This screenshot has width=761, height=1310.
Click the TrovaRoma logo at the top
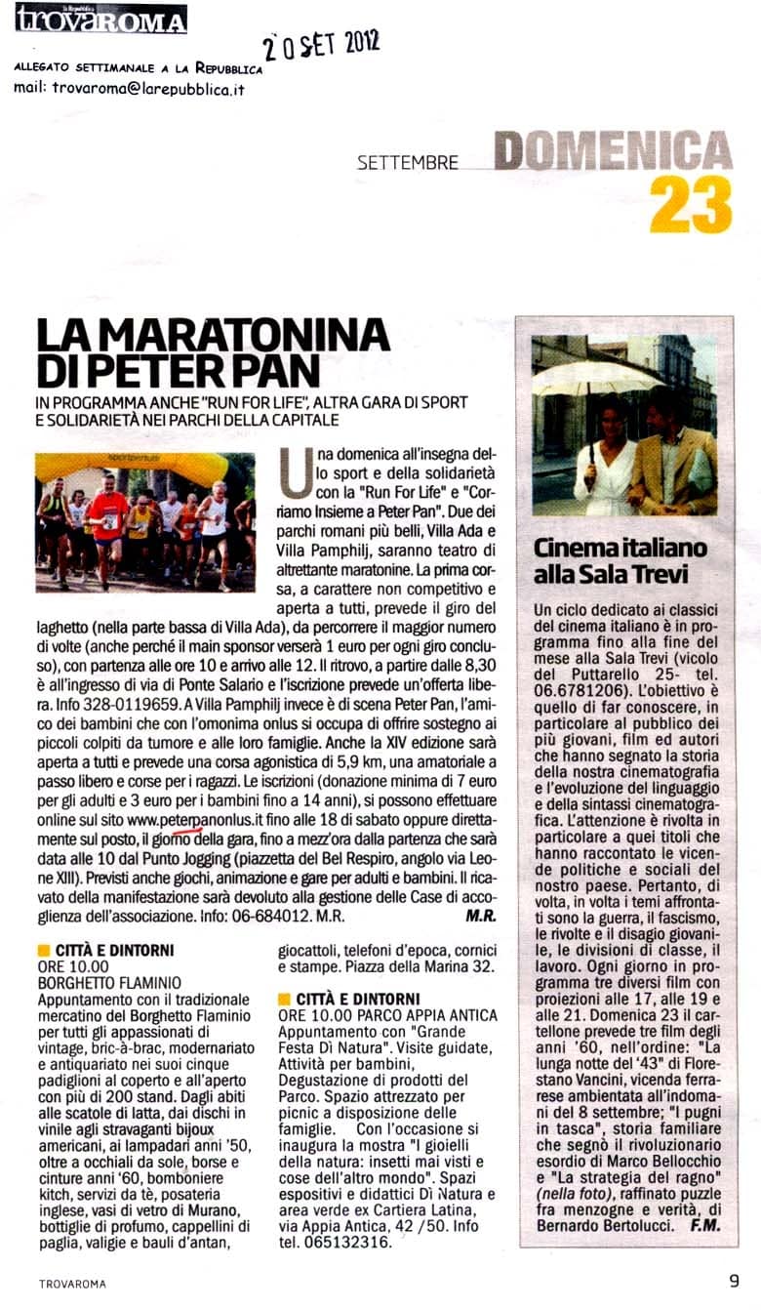pos(100,19)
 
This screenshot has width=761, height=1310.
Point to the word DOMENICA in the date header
pos(613,151)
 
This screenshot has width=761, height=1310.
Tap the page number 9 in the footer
pos(733,1281)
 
